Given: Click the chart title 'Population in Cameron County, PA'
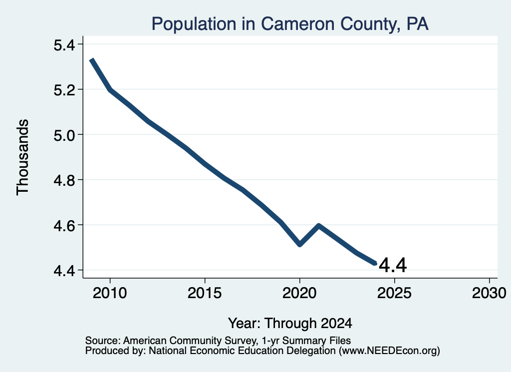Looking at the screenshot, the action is tap(290, 24).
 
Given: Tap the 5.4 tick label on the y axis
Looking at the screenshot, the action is tap(64, 44).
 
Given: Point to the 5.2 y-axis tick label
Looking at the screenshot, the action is tap(64, 90).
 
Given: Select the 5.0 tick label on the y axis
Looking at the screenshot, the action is tap(64, 135).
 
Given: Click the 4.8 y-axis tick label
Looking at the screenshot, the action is tap(64, 180).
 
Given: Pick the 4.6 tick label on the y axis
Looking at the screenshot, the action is tap(64, 226).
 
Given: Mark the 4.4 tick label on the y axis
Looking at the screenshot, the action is tap(64, 271).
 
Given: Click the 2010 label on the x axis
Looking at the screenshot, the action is tap(110, 293).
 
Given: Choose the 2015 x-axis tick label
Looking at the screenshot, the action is tap(205, 293).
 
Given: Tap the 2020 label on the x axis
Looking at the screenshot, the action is tap(299, 293).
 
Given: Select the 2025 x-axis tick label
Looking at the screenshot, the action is tap(394, 293).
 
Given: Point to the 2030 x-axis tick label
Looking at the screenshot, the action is tap(489, 293).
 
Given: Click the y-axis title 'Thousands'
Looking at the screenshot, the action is tap(23, 157).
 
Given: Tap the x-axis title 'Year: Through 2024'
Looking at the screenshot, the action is tap(290, 323).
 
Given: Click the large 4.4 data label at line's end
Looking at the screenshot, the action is tap(393, 265).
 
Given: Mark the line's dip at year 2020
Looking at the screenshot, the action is tap(299, 244).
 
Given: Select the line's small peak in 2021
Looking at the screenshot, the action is tap(318, 226).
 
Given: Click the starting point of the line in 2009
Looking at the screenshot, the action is tap(92, 59).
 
